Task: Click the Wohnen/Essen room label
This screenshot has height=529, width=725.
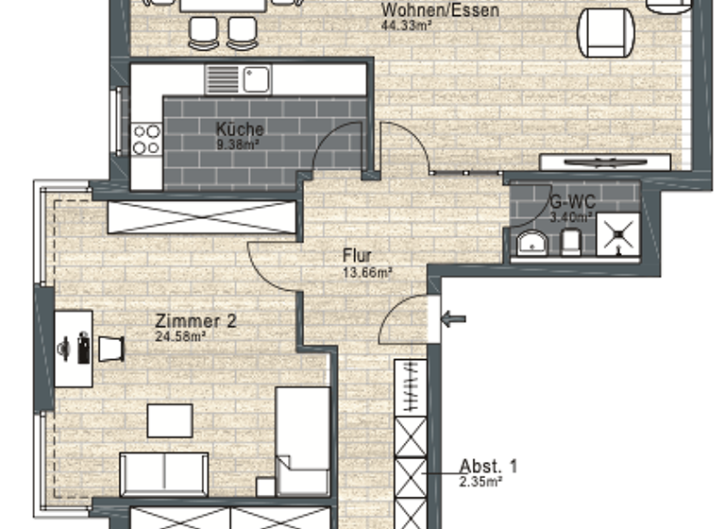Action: pos(427,11)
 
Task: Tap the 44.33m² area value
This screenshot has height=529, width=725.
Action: pos(405,26)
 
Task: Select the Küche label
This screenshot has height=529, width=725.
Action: pos(240,129)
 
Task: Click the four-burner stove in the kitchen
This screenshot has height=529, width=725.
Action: pos(146,139)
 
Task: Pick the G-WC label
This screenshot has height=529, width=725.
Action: pos(572,201)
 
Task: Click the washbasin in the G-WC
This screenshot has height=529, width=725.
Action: pos(532,245)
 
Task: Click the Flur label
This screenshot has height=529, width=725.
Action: pos(358,255)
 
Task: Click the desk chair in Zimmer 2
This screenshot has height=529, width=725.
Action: pos(111,348)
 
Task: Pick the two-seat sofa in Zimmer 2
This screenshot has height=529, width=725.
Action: pos(164,472)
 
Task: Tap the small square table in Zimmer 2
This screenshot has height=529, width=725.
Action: pos(170,420)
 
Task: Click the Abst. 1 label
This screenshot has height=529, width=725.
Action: pos(488,465)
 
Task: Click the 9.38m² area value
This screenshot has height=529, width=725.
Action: pos(238,145)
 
